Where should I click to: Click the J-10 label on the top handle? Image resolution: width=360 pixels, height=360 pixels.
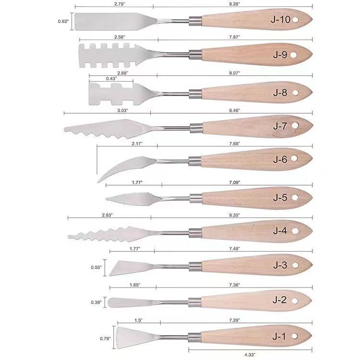click(x=281, y=20)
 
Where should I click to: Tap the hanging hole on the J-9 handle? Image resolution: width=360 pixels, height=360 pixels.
click(x=293, y=55)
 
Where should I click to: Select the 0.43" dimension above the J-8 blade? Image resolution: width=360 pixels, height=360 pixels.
click(x=111, y=79)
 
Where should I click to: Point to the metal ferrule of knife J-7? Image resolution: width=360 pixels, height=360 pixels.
click(x=196, y=128)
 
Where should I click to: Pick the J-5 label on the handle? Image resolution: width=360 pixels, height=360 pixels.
click(x=280, y=197)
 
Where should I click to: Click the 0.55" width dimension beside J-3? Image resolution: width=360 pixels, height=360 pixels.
click(x=96, y=267)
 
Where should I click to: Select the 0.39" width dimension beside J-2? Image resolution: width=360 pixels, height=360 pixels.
click(x=96, y=302)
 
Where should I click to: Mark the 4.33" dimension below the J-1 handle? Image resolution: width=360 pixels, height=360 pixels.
click(x=250, y=355)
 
